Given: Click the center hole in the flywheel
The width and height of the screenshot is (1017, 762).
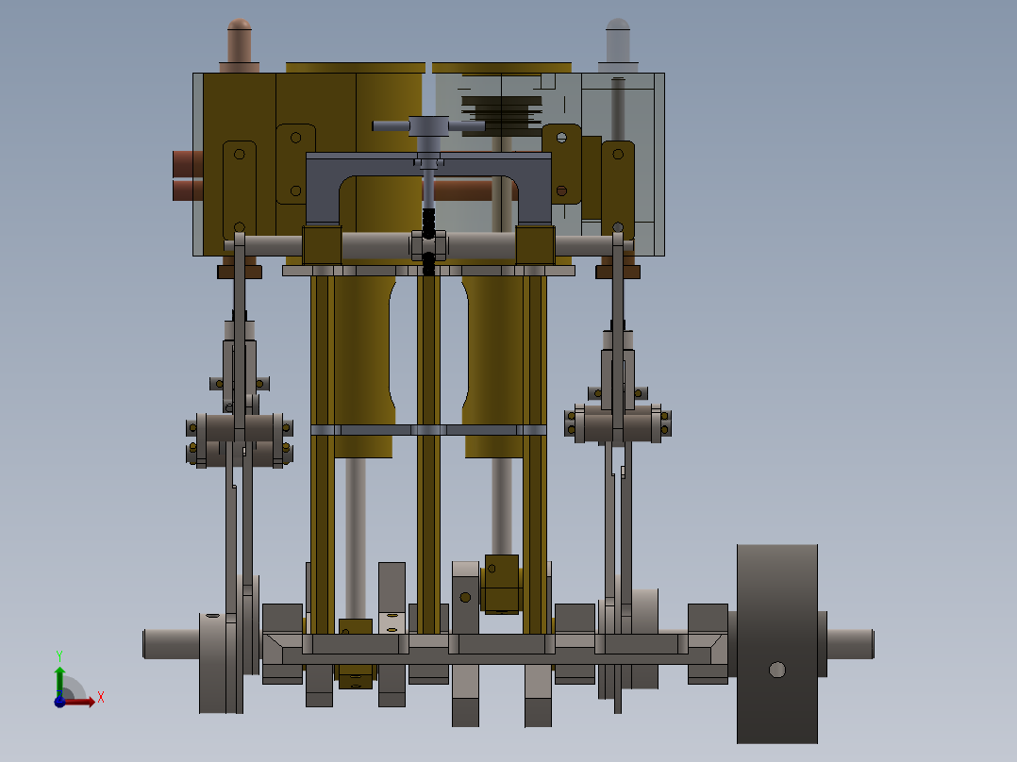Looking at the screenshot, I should (776, 670).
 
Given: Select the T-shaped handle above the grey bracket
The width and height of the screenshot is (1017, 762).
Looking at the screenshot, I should (429, 125).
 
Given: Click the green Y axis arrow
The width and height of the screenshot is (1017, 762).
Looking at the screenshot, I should (59, 676).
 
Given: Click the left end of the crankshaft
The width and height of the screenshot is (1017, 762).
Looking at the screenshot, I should (155, 644).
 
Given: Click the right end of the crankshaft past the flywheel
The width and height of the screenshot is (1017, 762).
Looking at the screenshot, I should (854, 644).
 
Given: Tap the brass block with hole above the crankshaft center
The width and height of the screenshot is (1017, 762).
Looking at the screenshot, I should (501, 583).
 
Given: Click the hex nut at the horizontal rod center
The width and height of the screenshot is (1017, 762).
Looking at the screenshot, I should (428, 246).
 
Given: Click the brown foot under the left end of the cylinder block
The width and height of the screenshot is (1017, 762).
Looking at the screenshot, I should (239, 272).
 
